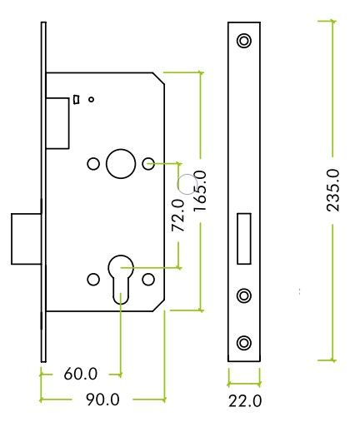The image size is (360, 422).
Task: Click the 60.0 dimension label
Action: click(x=81, y=374)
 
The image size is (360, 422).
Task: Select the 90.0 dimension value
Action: click(x=102, y=400)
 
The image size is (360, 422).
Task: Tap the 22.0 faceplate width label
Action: click(x=245, y=401)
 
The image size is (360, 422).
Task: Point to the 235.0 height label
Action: click(x=333, y=191)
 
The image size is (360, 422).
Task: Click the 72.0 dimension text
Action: click(x=178, y=216)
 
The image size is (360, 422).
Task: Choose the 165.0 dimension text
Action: click(x=200, y=192)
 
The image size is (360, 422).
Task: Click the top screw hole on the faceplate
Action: click(x=244, y=41)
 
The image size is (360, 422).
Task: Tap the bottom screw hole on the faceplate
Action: click(x=244, y=343)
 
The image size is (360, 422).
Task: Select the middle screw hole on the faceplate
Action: click(x=244, y=295)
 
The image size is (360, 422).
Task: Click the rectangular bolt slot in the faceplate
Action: click(x=244, y=239)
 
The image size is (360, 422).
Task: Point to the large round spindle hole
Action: click(x=121, y=164)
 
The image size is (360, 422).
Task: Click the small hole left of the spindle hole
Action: click(x=93, y=164)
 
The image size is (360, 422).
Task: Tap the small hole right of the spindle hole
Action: click(x=148, y=164)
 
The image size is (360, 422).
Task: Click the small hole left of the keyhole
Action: click(x=93, y=280)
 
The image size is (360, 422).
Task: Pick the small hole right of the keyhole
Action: click(x=148, y=280)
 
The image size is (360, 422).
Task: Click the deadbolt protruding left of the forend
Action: click(x=26, y=239)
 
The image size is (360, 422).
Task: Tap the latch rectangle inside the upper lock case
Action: click(x=57, y=123)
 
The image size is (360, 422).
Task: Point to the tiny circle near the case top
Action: click(x=91, y=99)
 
